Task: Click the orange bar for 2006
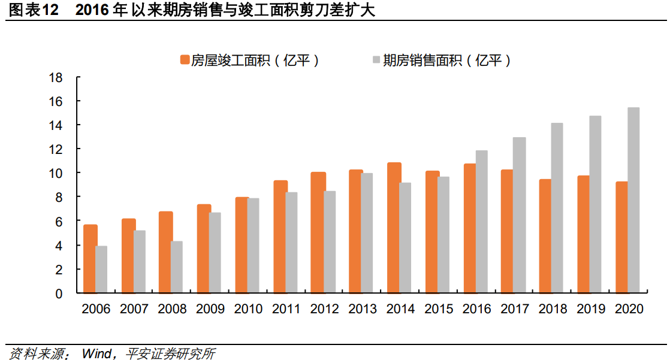tap(90, 259)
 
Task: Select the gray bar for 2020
tap(633, 201)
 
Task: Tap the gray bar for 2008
tap(177, 267)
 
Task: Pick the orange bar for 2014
tap(394, 228)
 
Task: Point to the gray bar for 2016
tap(481, 222)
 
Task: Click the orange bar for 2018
tap(545, 237)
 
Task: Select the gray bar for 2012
tap(330, 243)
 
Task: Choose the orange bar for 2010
tap(242, 246)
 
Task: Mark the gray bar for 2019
tap(595, 205)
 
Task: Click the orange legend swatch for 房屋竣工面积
tap(185, 60)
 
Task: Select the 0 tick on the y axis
tap(59, 294)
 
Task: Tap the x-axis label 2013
tap(363, 310)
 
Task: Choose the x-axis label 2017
tap(515, 310)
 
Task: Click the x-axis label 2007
tap(134, 310)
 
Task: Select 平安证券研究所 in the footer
tap(170, 353)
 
